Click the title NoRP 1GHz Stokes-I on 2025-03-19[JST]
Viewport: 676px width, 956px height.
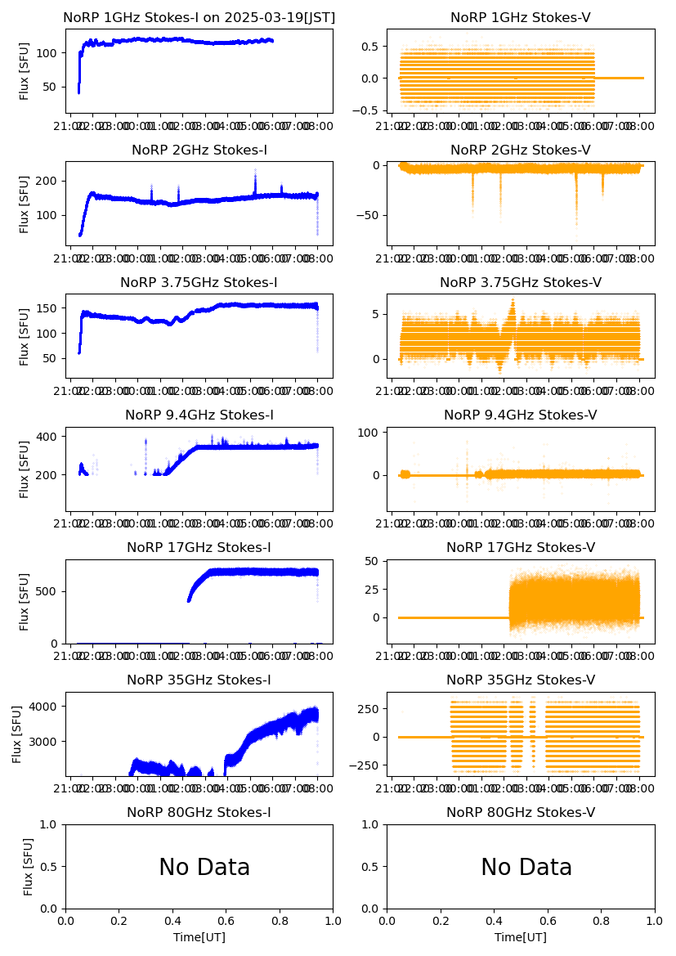[199, 18]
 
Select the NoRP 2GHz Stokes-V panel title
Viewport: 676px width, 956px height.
[521, 150]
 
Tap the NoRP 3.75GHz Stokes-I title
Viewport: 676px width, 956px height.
[199, 283]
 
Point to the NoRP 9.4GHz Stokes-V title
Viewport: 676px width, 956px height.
[521, 415]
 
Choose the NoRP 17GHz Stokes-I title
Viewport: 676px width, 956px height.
[199, 548]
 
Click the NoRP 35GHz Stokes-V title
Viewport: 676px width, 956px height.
[521, 680]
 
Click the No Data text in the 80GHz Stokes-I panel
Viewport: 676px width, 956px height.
[204, 868]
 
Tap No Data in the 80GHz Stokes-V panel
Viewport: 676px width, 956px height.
[526, 868]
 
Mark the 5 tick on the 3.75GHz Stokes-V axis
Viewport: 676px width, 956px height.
[378, 314]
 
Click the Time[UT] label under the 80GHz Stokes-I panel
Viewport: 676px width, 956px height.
[199, 937]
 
